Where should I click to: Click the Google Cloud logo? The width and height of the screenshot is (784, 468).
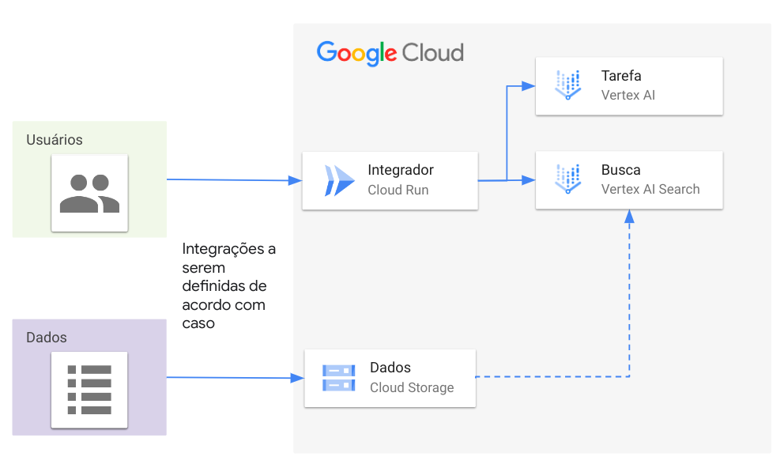click(x=390, y=53)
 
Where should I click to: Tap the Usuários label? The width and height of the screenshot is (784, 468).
click(x=55, y=140)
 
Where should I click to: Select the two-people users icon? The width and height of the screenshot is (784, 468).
click(x=89, y=193)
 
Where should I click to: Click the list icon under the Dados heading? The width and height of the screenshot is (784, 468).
click(x=89, y=390)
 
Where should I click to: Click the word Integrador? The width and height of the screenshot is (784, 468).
click(x=401, y=170)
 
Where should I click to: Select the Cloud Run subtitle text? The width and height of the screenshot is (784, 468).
click(x=398, y=191)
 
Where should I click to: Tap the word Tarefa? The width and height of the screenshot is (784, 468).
click(x=621, y=76)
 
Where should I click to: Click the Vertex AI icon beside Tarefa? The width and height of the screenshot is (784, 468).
click(x=568, y=85)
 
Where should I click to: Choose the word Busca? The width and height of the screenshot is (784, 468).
click(x=620, y=170)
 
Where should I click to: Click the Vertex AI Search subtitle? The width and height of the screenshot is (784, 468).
click(x=650, y=190)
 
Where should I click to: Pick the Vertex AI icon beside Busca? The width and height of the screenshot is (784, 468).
click(x=568, y=179)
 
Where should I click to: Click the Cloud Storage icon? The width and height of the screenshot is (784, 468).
click(x=338, y=378)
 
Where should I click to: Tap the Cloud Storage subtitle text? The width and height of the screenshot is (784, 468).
click(x=412, y=387)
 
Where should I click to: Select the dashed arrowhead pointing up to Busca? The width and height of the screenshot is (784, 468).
click(x=629, y=215)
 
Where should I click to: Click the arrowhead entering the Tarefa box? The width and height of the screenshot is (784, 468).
click(x=529, y=85)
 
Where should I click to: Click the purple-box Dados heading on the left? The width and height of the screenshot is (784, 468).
click(x=47, y=338)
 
